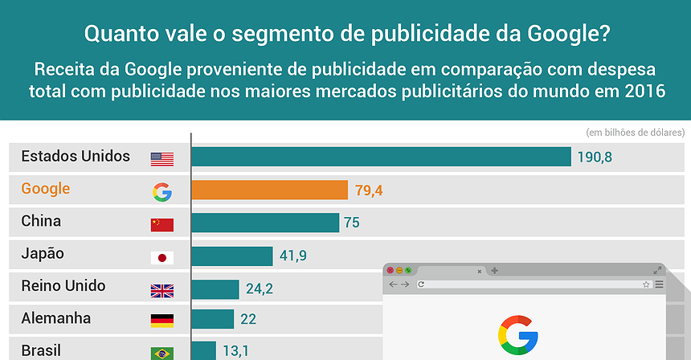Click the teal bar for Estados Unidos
(381, 157)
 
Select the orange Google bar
(269, 190)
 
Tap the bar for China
(264, 223)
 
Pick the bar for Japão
(231, 256)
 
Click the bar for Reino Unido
(215, 288)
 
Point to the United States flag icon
(162, 159)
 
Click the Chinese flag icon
(162, 224)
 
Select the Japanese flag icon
(162, 257)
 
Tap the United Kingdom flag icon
(162, 290)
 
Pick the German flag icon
(162, 321)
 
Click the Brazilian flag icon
(162, 353)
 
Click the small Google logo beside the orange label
(162, 191)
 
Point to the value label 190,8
(595, 157)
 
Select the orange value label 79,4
(369, 190)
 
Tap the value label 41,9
(293, 256)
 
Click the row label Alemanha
(56, 318)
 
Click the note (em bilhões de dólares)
(635, 132)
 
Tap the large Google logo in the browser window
(518, 335)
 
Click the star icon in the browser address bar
(645, 284)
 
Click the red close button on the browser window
(389, 270)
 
